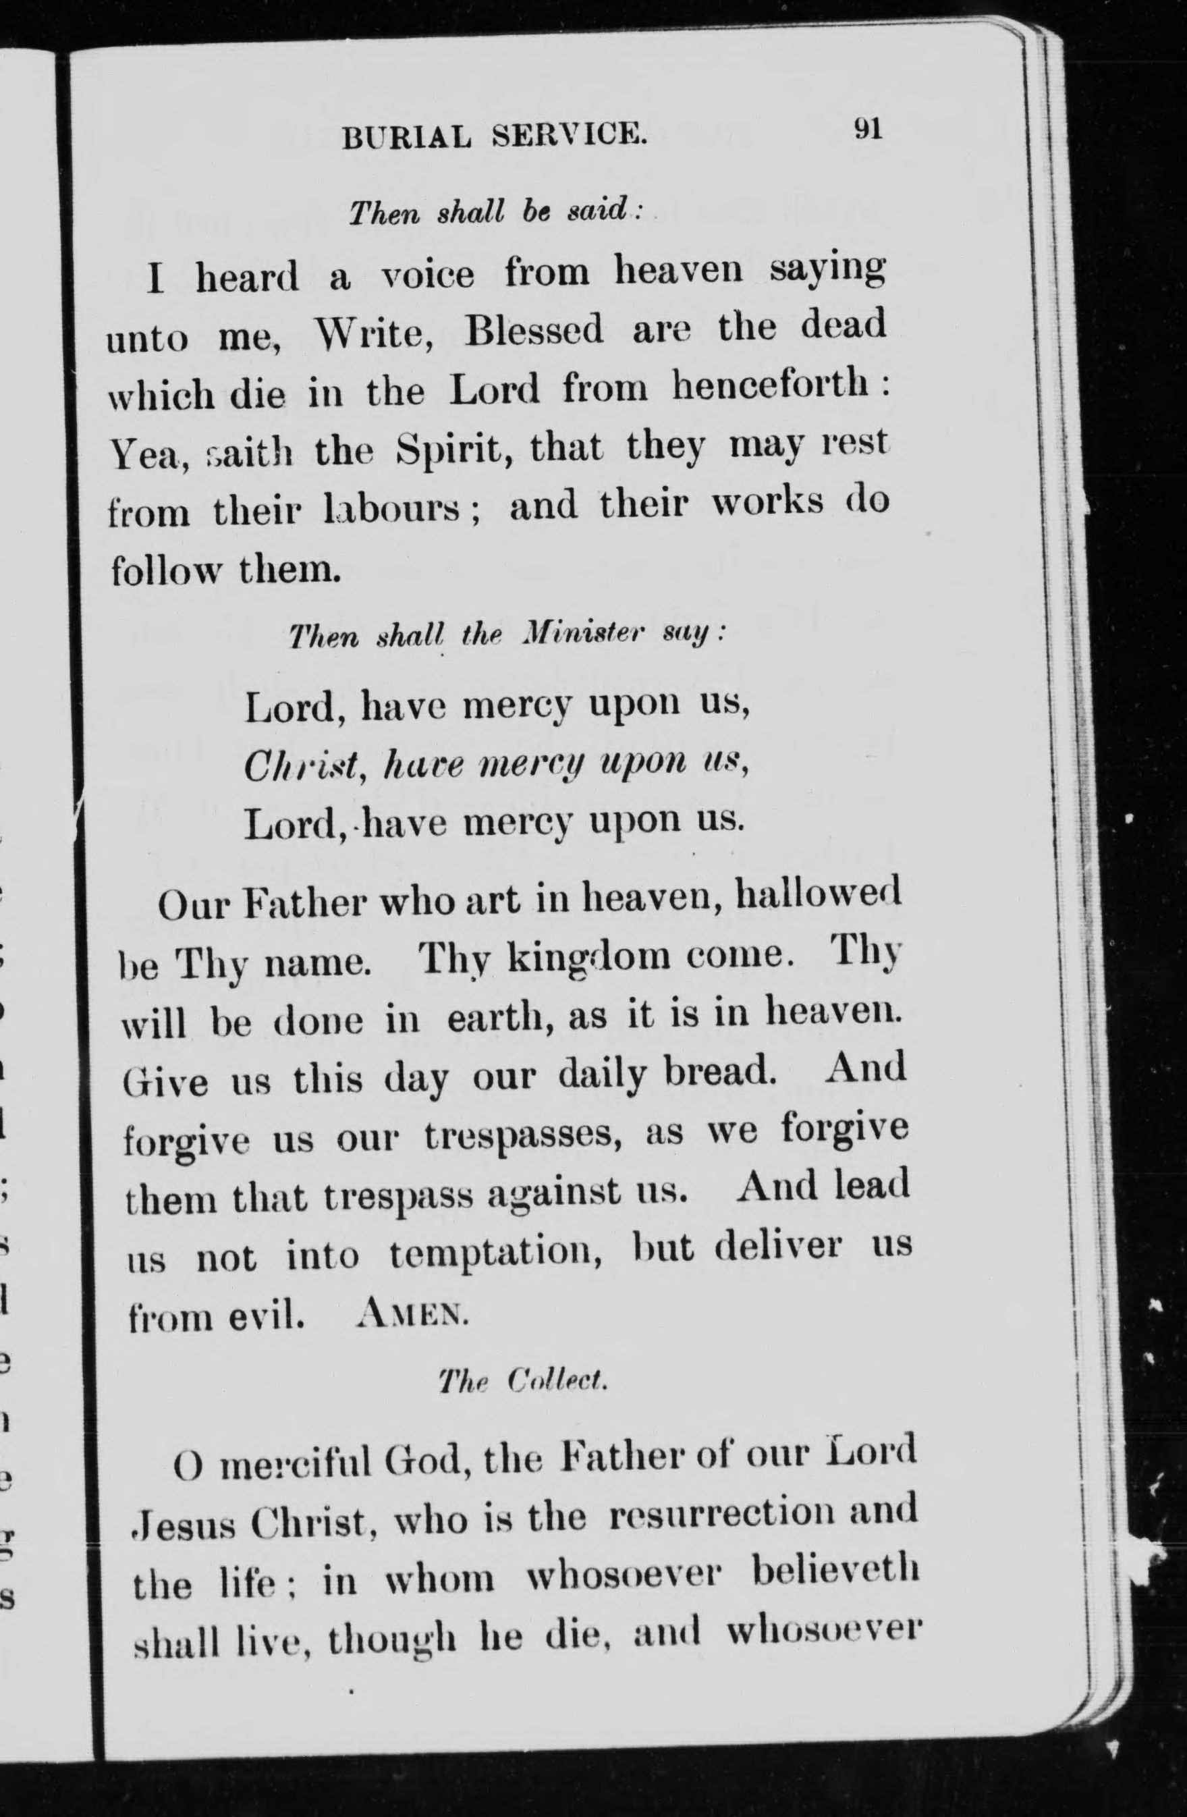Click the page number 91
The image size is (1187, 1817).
[868, 129]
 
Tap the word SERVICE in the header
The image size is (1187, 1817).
[570, 135]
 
